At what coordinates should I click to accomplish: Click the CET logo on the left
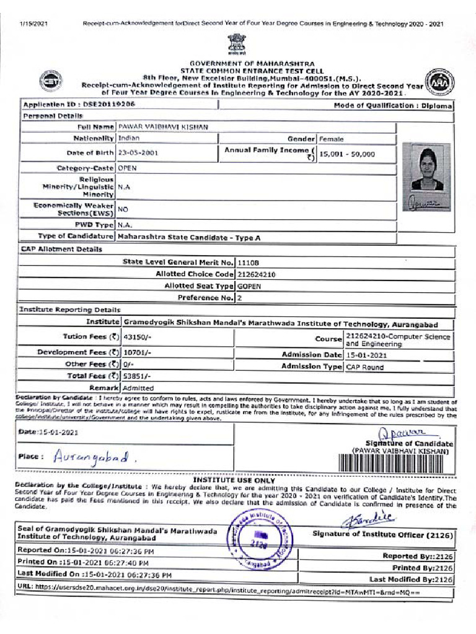coord(50,80)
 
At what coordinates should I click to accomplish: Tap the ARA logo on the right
coord(443,82)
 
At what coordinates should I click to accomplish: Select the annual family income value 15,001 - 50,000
coord(347,154)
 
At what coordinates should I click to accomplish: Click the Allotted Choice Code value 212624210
coord(257,274)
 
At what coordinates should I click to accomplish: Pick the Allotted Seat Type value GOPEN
coord(250,286)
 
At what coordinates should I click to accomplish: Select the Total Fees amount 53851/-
coord(137,376)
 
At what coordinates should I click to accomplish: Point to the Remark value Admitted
coord(139,388)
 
